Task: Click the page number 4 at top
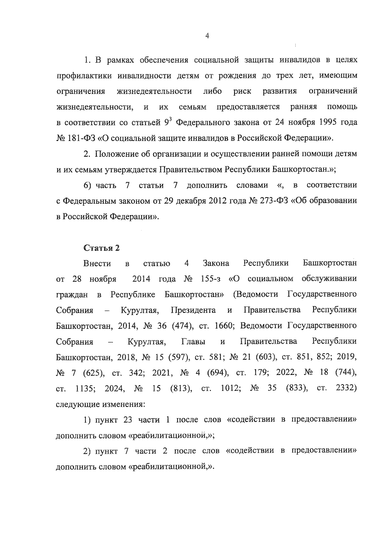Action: click(x=207, y=36)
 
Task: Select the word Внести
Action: click(x=97, y=264)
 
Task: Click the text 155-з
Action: click(x=210, y=279)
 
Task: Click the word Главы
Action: click(x=193, y=341)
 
